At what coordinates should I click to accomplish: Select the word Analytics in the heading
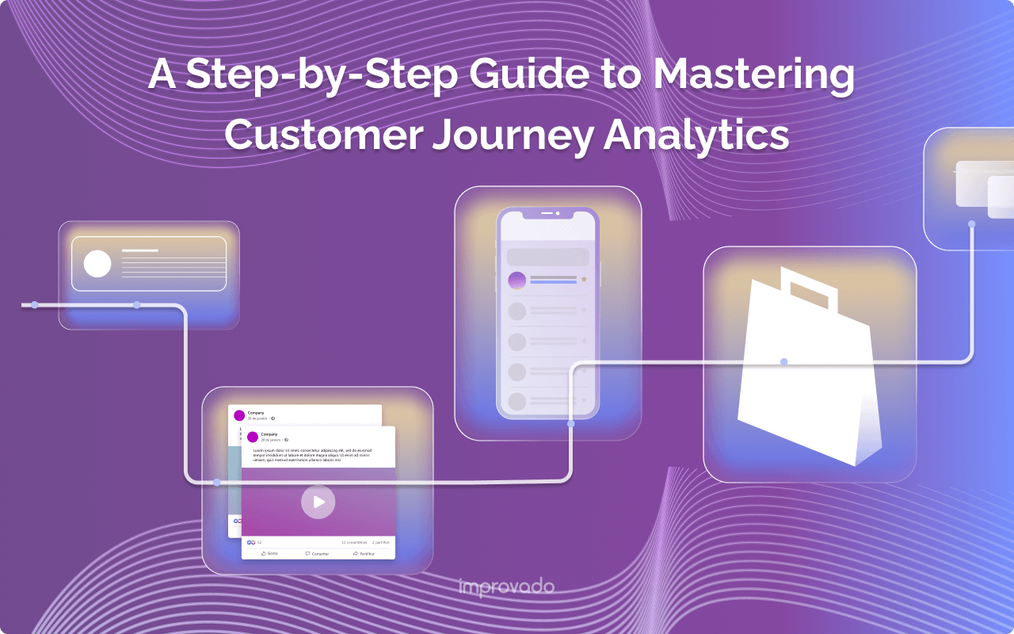coord(696,134)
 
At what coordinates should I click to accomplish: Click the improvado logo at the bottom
coord(506,587)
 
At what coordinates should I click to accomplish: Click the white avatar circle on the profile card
coord(97,264)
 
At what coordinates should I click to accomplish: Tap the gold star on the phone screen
coord(585,279)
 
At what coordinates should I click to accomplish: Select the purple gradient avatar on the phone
coord(517,281)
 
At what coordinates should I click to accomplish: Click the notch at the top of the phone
coord(547,214)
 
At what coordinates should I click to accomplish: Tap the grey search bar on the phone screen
coord(547,257)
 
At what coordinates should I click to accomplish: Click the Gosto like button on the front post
coord(269,553)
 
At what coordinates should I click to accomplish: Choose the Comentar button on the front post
coord(318,553)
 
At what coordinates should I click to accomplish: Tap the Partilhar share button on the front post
coord(366,553)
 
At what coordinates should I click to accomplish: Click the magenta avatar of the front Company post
coord(253,437)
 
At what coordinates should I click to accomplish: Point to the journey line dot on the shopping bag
coord(783,362)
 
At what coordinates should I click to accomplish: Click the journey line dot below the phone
coord(570,424)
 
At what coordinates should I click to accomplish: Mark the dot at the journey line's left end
coord(35,304)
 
